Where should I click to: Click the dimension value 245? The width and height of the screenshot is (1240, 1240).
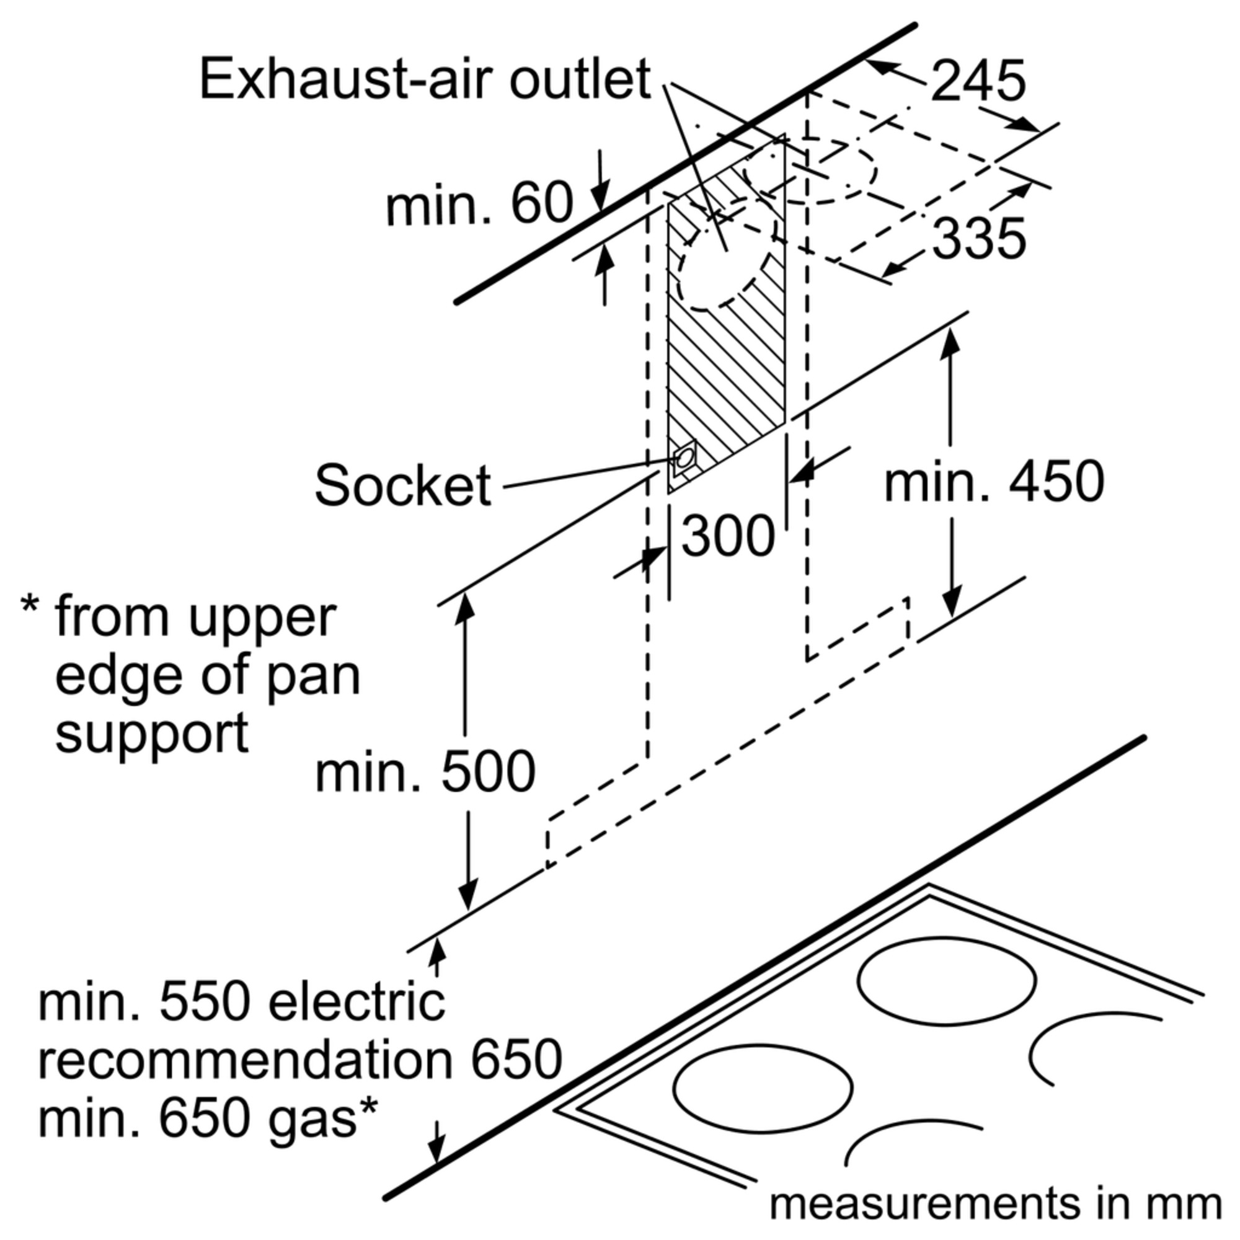pos(978,81)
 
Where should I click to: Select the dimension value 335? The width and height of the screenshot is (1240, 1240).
pos(979,238)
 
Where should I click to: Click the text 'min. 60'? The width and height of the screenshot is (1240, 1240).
pos(479,203)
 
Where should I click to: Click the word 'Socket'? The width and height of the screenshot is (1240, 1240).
pos(402,485)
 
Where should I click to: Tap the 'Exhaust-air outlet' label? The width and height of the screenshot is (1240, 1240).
pos(425,79)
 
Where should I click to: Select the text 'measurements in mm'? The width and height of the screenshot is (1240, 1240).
pos(996,1205)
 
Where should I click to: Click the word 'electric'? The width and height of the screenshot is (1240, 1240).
pos(356,1003)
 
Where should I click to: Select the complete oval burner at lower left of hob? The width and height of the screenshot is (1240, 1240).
pos(763,1089)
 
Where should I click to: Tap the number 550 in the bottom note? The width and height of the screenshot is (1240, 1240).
pos(203,1003)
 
